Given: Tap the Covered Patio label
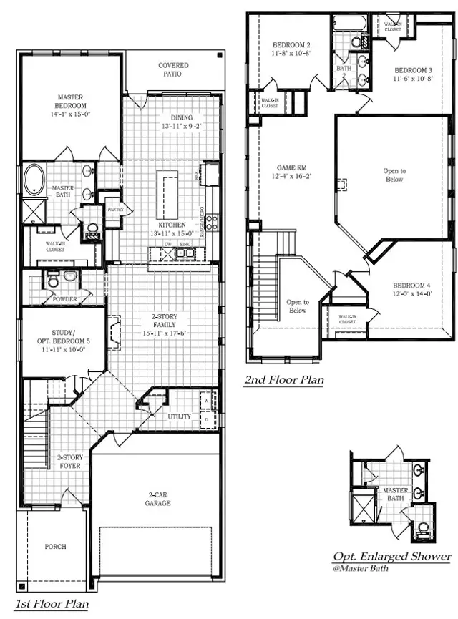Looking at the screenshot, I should pos(173,69).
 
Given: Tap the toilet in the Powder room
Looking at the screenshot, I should pos(54,281).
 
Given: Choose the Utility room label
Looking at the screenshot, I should pos(178,416).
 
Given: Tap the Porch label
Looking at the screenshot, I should pos(55,546).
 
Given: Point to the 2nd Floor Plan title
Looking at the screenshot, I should pos(283,380).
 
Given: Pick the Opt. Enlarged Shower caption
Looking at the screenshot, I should pos(392,557).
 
